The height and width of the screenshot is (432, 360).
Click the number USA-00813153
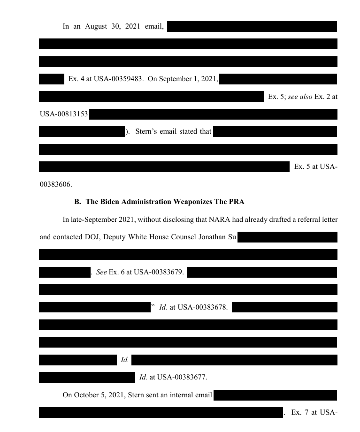pyautogui.click(x=64, y=114)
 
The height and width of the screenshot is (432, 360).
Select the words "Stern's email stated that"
pyautogui.click(x=173, y=131)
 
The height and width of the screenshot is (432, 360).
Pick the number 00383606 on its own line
pyautogui.click(x=55, y=184)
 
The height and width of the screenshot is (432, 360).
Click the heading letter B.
pyautogui.click(x=77, y=202)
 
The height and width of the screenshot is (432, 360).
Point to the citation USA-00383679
pyautogui.click(x=158, y=272)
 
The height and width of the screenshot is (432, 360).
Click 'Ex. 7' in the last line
pyautogui.click(x=299, y=412)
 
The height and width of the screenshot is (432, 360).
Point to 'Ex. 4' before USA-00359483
pyautogui.click(x=75, y=79)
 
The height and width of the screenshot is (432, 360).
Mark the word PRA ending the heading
pyautogui.click(x=237, y=202)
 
